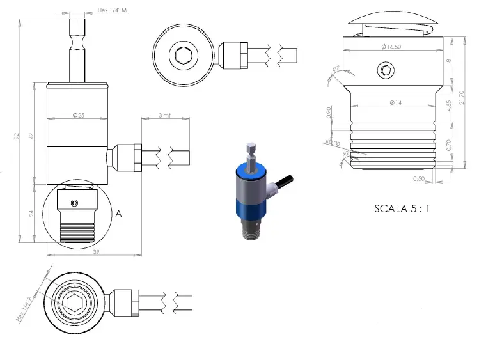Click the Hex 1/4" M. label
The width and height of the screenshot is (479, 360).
click(113, 10)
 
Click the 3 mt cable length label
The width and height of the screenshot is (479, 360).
click(165, 116)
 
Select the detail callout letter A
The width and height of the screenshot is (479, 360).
click(118, 215)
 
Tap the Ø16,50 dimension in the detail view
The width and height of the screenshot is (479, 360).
click(391, 47)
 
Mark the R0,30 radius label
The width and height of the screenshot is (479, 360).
click(331, 143)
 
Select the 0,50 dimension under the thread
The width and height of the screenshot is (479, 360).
click(420, 178)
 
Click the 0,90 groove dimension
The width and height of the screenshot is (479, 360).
click(329, 114)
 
